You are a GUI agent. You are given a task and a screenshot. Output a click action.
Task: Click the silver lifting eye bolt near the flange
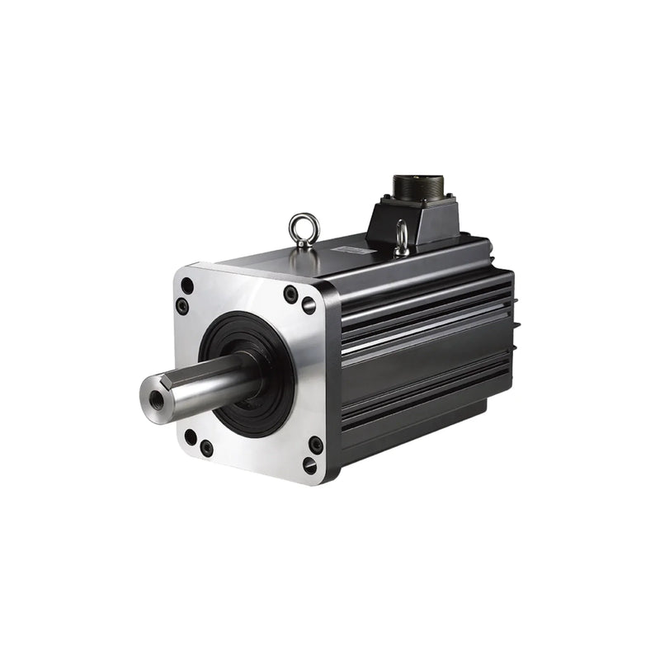pos(303,229)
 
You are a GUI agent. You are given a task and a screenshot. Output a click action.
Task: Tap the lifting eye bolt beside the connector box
pos(402,238)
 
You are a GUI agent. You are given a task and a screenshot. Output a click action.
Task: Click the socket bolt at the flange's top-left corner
pos(182,307)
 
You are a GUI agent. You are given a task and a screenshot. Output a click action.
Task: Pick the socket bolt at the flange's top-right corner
pos(290,293)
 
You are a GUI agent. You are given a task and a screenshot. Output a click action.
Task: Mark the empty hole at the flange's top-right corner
pos(309,306)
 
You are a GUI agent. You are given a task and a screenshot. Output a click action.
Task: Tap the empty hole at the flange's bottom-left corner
pos(191,436)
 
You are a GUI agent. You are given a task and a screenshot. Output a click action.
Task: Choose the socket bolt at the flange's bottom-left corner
pos(206,448)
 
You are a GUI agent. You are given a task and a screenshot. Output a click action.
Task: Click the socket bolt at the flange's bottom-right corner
pos(316,445)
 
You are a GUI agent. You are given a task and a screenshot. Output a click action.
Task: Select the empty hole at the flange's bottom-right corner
pos(309,464)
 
